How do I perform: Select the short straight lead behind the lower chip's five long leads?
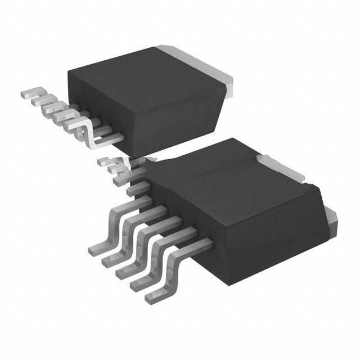coord(135,191)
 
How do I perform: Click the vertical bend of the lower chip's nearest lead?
coord(169,276)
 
